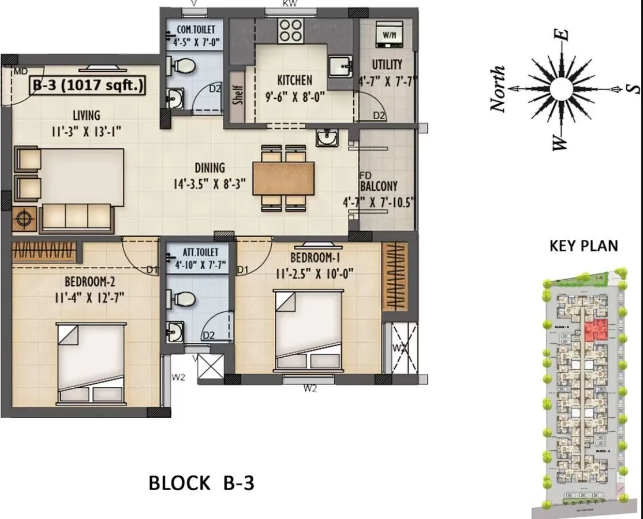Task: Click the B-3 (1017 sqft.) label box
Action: tap(88, 86)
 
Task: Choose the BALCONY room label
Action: tap(379, 186)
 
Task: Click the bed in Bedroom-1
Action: tap(309, 330)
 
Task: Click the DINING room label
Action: tap(210, 168)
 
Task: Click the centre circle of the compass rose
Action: tap(559, 90)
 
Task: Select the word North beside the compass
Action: tap(498, 90)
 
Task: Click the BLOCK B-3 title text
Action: tap(201, 483)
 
